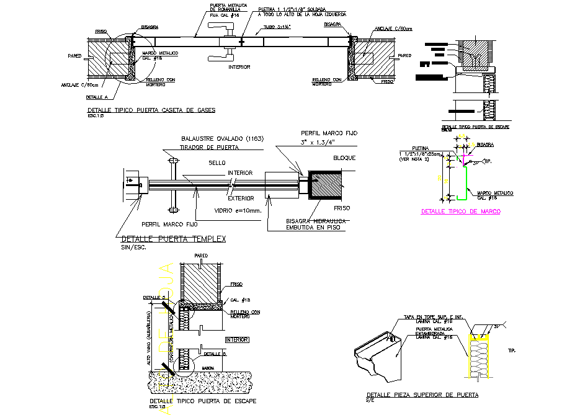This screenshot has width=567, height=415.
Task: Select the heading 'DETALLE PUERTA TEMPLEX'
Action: pyautogui.click(x=174, y=239)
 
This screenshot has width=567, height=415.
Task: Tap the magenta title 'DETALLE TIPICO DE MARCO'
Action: pyautogui.click(x=460, y=212)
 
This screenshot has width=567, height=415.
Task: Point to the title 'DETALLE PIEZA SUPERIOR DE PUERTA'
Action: pyautogui.click(x=422, y=395)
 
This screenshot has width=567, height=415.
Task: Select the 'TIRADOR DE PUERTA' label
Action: pyautogui.click(x=210, y=147)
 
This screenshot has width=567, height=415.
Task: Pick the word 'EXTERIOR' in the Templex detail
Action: pyautogui.click(x=240, y=199)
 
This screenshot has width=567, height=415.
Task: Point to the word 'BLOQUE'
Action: pyautogui.click(x=344, y=158)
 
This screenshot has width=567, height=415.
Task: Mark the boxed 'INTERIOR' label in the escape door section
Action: pyautogui.click(x=237, y=340)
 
